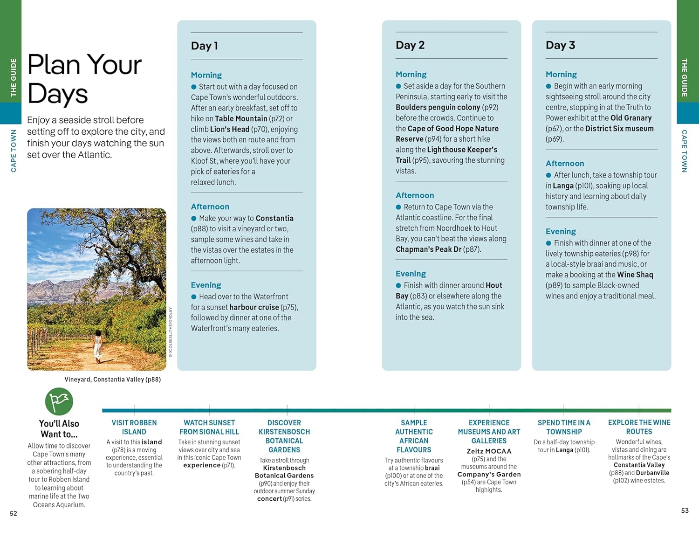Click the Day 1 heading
coord(205,46)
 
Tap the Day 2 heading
coord(410,45)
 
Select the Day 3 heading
coord(560,45)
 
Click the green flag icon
coord(59,401)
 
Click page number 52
coord(14,513)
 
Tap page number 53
coord(685,510)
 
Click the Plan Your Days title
coord(84,79)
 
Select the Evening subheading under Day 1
coord(206,285)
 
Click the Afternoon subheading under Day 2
coord(415,195)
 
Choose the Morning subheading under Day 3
coord(561,74)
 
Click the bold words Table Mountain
coord(241,118)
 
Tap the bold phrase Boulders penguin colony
coord(438,107)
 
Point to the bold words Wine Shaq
coord(635,275)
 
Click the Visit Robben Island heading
coord(134,427)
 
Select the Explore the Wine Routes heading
coord(639,427)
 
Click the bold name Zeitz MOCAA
coord(489,451)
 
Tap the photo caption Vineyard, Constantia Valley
coord(112,379)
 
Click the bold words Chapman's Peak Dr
coord(428,249)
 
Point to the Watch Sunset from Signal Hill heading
coord(209,427)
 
